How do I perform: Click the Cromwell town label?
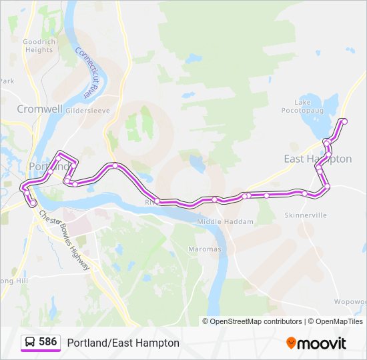39,109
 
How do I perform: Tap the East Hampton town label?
318,159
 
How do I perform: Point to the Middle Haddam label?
226,221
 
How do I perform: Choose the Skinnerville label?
306,216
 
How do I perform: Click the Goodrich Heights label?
38,45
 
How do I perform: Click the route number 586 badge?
47,342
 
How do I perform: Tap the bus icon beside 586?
30,342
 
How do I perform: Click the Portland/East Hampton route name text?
123,343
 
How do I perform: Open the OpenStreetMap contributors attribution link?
254,321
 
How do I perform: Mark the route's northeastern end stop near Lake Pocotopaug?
344,121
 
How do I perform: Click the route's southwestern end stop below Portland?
33,203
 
